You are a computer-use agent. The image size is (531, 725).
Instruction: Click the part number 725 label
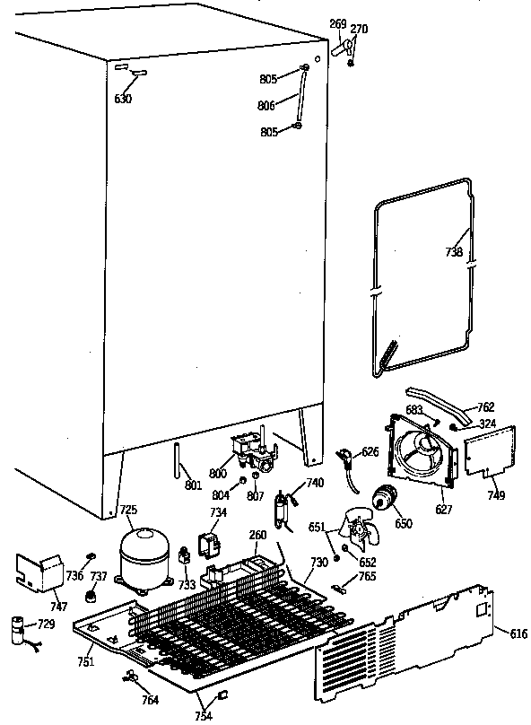click(x=129, y=511)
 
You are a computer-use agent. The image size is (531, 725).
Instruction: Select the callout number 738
click(x=453, y=252)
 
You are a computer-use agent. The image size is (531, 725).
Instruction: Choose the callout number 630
click(x=123, y=99)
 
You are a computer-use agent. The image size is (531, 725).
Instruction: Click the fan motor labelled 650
click(x=388, y=498)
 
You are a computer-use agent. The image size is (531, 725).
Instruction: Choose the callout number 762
click(x=485, y=407)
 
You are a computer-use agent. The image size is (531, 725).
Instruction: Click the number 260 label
click(x=258, y=535)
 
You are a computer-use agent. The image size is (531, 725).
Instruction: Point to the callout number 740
click(x=314, y=483)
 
